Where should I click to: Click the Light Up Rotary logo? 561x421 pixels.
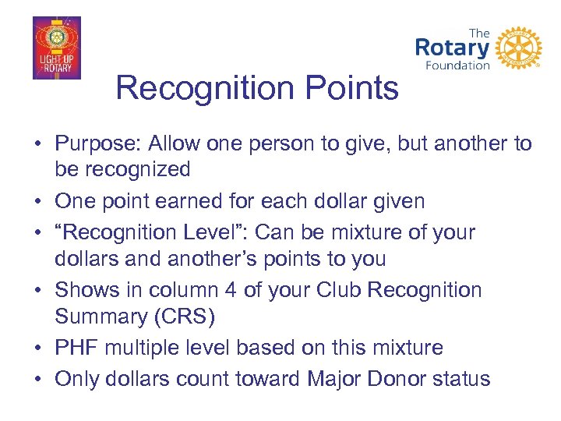[56, 48]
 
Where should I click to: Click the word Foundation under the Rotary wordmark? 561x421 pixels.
[457, 65]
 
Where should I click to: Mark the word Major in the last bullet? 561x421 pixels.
[338, 379]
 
